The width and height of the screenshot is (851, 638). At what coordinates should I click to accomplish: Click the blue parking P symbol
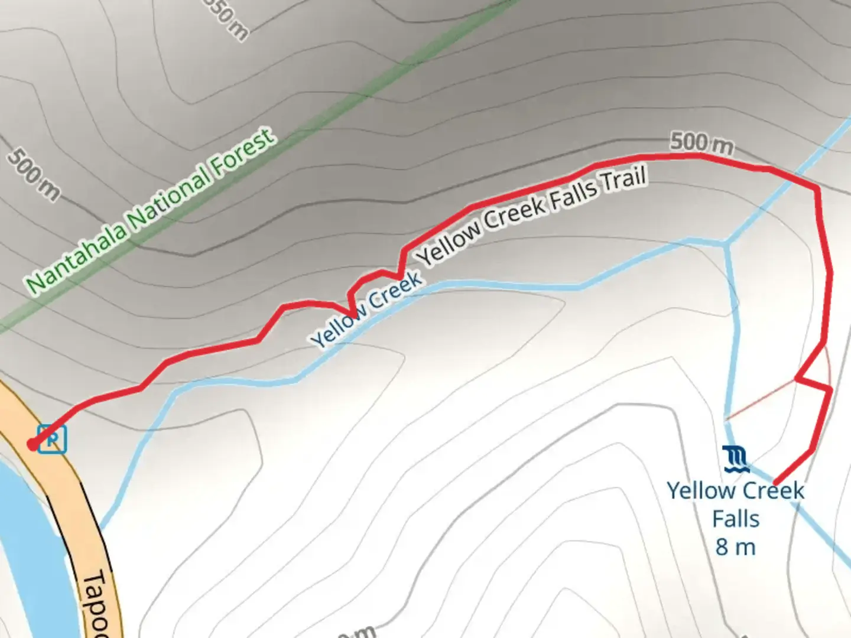(53, 440)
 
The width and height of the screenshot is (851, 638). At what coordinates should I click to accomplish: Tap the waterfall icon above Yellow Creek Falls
(736, 459)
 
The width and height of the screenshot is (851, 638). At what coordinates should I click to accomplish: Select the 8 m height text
(736, 547)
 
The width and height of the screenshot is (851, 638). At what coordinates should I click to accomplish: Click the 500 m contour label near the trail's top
(701, 143)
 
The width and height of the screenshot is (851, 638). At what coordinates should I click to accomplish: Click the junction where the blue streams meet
(726, 243)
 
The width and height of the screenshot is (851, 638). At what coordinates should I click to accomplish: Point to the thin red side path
(762, 399)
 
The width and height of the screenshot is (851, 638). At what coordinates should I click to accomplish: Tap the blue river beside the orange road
(24, 532)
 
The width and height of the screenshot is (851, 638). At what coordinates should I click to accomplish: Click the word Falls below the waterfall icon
(736, 519)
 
